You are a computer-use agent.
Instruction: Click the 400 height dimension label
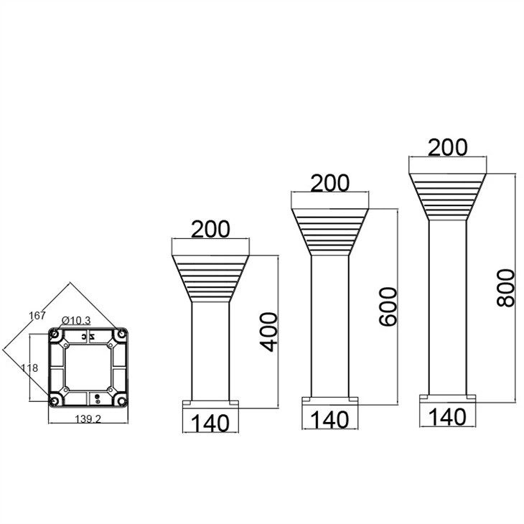coord(269,332)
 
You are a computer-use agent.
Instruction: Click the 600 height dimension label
coord(388,307)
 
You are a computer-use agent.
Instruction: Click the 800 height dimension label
coord(505,288)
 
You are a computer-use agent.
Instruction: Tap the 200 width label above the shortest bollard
coord(210,229)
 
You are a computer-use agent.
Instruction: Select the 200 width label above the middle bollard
coord(330,183)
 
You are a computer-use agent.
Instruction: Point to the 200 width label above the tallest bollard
coord(448,148)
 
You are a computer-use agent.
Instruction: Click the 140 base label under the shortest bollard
coord(210,423)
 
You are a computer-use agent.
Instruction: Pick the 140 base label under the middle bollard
coord(330,419)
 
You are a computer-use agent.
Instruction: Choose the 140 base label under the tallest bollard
coord(447,417)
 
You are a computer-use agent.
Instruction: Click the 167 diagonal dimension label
coord(37,315)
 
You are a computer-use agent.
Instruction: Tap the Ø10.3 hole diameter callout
coord(76,320)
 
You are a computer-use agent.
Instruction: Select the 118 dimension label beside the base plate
coord(29,368)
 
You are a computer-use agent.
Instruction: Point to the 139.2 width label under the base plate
coord(88,419)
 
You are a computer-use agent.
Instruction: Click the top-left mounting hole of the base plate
coord(55,334)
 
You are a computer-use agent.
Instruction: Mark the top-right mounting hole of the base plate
coord(122,334)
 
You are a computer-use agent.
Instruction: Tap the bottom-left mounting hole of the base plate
coord(54,401)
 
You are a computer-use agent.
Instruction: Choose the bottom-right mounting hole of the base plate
coord(122,401)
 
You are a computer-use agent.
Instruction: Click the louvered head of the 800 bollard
coord(448,197)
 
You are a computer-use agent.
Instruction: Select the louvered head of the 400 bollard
coord(210,279)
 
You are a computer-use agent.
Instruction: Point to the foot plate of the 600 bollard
coord(330,401)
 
